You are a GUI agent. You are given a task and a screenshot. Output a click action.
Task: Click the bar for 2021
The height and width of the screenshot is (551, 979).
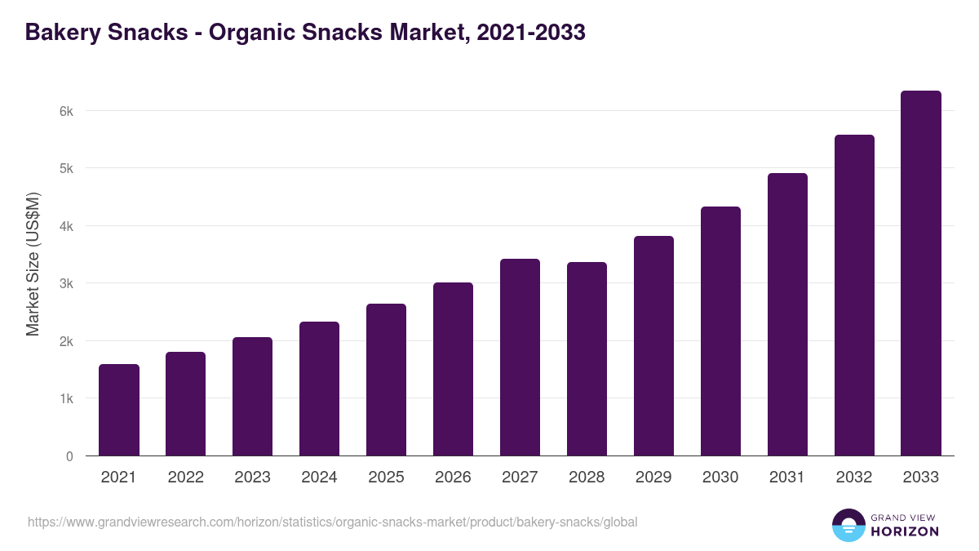(x=119, y=410)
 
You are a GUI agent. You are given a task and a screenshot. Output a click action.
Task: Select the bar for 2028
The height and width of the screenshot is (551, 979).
(x=587, y=359)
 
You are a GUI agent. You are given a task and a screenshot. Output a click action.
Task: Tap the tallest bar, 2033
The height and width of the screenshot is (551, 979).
(x=921, y=273)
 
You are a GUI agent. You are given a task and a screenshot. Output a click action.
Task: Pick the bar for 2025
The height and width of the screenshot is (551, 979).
(x=386, y=380)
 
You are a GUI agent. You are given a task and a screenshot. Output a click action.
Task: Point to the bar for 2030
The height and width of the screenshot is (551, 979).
(x=720, y=331)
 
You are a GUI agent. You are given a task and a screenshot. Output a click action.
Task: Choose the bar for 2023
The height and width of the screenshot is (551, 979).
(x=252, y=397)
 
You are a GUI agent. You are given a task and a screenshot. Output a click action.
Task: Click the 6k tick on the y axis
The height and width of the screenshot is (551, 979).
(x=67, y=111)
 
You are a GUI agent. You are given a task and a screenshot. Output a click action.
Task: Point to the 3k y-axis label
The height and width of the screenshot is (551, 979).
(x=67, y=284)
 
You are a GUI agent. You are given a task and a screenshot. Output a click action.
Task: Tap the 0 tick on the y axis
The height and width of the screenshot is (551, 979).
(x=69, y=456)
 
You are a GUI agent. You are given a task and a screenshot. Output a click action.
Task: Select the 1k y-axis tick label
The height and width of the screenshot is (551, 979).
(x=67, y=399)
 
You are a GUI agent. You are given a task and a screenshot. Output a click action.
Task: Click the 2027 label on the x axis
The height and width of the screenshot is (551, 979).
(x=520, y=478)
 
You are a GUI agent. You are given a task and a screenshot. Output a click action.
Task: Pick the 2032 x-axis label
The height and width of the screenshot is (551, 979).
(x=854, y=478)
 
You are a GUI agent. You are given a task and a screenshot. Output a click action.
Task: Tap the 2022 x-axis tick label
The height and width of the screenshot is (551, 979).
(x=185, y=478)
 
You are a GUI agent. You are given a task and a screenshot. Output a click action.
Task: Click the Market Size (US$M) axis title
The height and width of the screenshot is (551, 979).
(x=33, y=264)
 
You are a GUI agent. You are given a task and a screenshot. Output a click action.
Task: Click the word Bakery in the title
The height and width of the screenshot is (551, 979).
(x=63, y=33)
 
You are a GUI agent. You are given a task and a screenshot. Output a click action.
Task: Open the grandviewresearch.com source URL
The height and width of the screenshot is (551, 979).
(x=332, y=522)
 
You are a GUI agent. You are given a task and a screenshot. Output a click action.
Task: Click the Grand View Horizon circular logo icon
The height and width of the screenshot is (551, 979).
(x=848, y=525)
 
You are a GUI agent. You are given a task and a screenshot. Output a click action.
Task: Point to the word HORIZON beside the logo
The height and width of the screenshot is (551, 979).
(x=905, y=531)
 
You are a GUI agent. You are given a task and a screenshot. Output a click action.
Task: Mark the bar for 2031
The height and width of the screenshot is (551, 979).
(x=787, y=314)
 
